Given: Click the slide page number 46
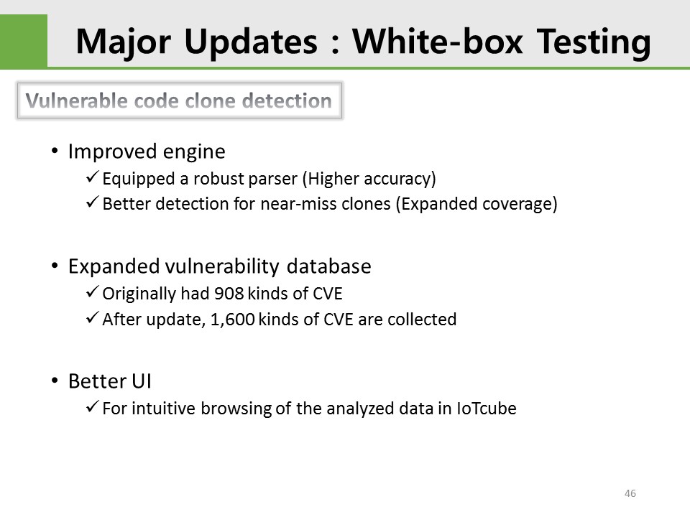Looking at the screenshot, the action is point(630,493).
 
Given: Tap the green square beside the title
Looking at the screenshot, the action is point(24,42).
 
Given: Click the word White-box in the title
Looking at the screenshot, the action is point(438,42).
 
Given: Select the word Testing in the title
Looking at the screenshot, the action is point(594,42).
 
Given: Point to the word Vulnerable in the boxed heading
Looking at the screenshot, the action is point(76,101).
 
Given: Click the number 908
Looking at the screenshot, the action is point(229,294).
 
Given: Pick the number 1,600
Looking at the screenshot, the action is point(233,320).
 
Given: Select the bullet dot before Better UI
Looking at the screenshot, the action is point(55,381).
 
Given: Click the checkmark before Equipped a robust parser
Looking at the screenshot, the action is point(93,177).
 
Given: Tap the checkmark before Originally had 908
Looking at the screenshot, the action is point(93,292).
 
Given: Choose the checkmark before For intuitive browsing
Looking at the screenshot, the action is point(93,406).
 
